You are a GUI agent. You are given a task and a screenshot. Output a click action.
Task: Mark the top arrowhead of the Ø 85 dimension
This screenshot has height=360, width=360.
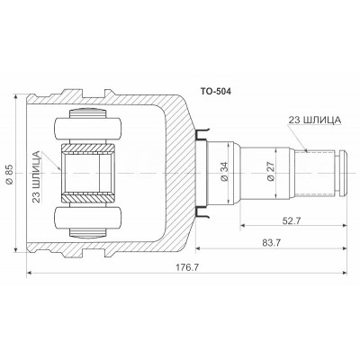19,94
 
